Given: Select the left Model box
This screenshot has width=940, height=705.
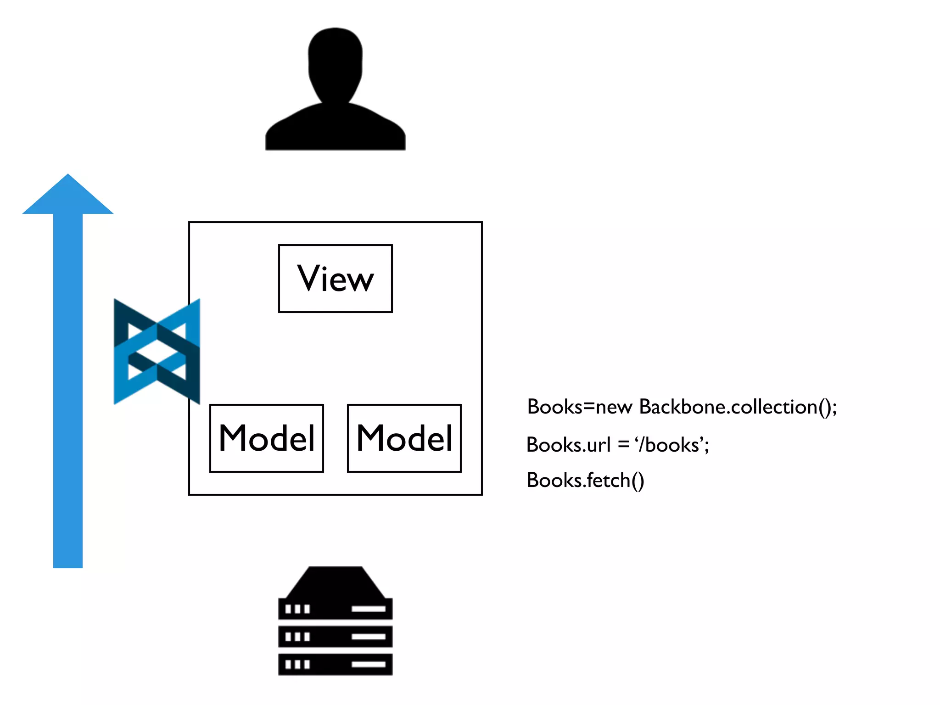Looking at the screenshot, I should coord(267,438).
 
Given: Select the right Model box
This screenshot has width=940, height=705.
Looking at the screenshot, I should coord(404,438).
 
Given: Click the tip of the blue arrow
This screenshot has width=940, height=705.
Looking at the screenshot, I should coord(68,176).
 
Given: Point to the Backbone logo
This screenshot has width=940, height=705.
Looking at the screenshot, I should coord(157,352).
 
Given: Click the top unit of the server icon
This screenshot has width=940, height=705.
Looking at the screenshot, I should coord(336,609).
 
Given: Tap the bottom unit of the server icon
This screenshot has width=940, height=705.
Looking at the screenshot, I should coord(336,664).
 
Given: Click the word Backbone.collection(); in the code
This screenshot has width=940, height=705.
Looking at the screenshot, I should coord(738,407).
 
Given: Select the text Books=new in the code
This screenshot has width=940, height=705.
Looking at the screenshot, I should coord(580,407).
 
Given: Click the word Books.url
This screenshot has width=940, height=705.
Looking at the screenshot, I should coord(568,445).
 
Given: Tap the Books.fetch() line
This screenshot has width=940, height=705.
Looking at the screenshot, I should coord(585,481).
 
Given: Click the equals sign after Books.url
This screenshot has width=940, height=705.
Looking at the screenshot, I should coord(623,445).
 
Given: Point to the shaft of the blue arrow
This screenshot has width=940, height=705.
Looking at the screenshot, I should coord(68,390).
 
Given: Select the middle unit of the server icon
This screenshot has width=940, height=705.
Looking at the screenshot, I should coord(336,637).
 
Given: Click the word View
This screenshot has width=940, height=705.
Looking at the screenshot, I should coord(336,279).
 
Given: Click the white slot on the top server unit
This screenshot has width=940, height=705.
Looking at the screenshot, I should coord(368,609).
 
